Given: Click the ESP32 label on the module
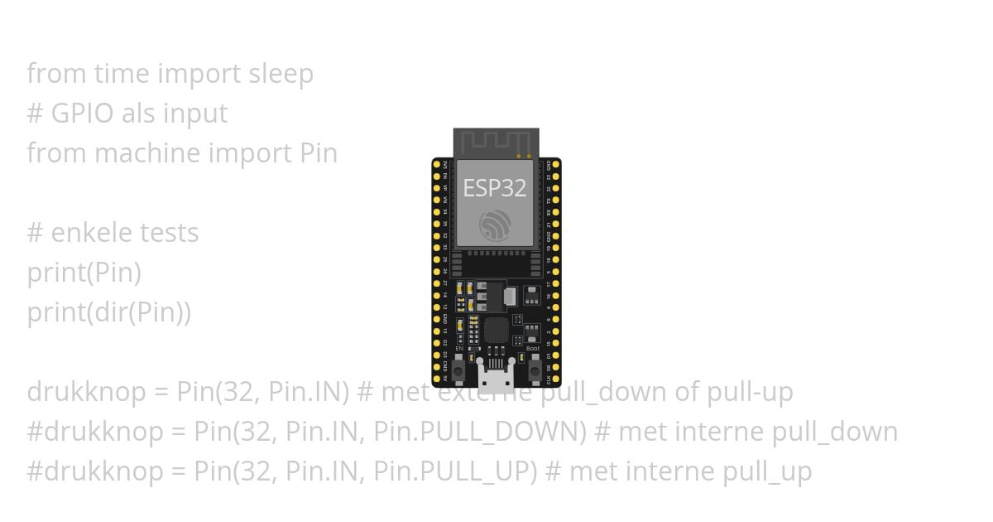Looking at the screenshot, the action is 495,188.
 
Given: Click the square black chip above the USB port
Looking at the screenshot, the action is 496,331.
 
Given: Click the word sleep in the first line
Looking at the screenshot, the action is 281,74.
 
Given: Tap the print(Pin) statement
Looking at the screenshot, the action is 84,273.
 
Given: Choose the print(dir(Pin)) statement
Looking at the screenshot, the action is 109,312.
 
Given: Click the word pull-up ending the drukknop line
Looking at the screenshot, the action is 750,392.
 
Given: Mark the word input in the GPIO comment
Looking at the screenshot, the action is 194,114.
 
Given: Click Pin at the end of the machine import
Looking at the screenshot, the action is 318,153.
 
